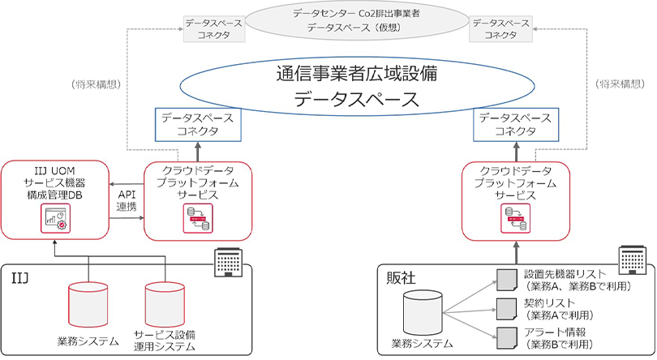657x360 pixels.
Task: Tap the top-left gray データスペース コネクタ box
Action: pos(208,30)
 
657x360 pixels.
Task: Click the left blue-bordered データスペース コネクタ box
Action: pos(196,125)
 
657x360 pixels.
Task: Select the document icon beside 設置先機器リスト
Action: pos(505,281)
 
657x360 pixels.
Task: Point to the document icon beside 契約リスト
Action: pos(505,308)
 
